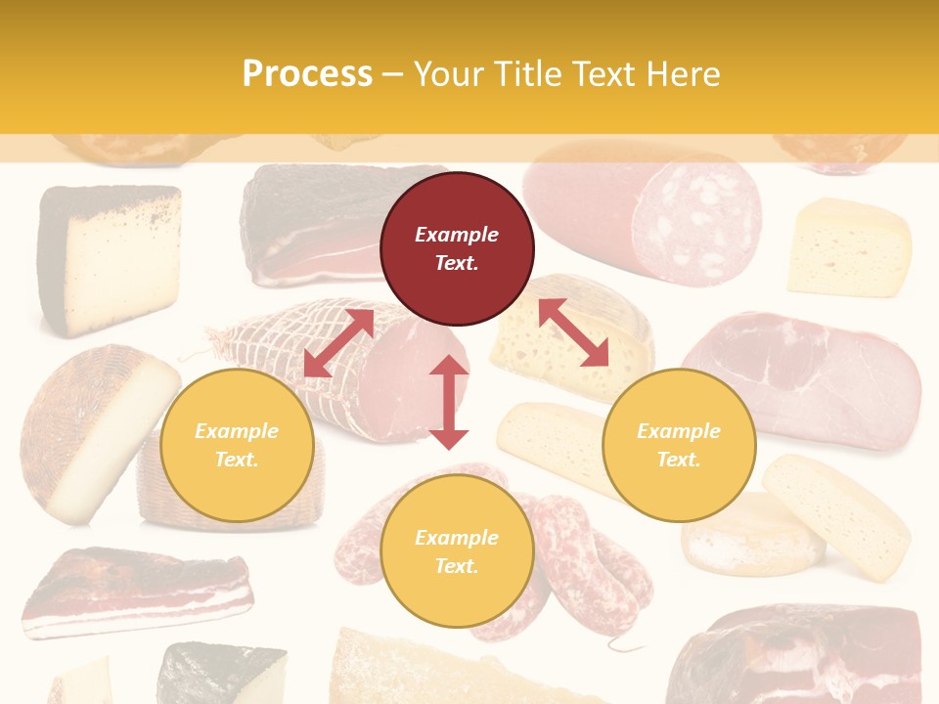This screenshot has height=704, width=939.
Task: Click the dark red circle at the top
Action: (x=457, y=248)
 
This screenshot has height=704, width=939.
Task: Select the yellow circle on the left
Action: (x=237, y=445)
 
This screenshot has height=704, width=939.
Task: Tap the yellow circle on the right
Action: (x=679, y=445)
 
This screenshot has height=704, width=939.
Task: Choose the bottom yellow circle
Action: (x=457, y=551)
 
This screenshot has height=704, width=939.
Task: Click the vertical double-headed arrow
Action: (x=449, y=402)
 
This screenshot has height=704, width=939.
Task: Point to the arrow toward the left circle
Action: (x=338, y=343)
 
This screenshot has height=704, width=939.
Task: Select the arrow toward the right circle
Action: (x=573, y=332)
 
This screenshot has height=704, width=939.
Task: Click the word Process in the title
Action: (x=307, y=73)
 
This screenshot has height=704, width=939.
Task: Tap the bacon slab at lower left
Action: (x=137, y=592)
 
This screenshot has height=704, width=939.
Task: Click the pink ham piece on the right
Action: (x=812, y=376)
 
